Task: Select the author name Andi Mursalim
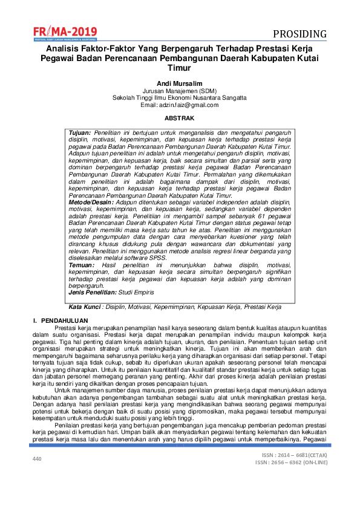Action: click(x=179, y=82)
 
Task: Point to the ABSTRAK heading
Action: click(x=180, y=119)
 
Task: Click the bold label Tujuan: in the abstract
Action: click(x=80, y=132)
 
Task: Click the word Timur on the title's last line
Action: click(x=179, y=69)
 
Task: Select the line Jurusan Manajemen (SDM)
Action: click(x=179, y=90)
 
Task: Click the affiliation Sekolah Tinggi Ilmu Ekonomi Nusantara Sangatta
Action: click(x=179, y=97)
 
